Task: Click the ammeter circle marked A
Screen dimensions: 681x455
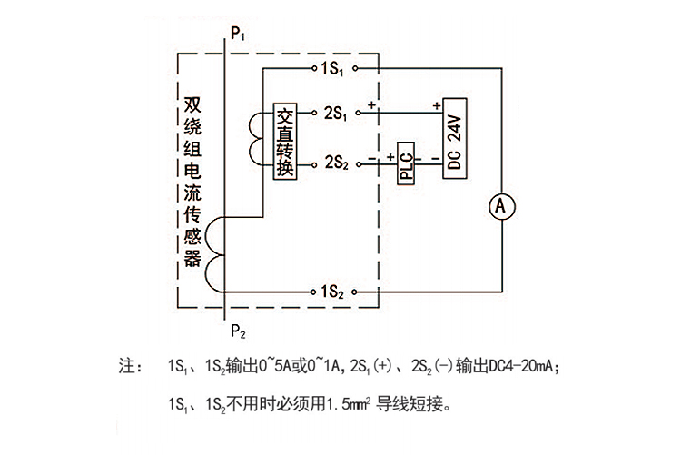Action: pos(501,206)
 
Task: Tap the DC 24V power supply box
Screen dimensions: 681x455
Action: pos(455,139)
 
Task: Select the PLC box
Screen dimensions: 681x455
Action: pos(406,163)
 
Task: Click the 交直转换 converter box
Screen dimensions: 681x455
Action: pos(285,142)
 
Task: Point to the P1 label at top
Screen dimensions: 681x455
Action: pos(238,34)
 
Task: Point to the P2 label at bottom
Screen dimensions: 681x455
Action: pos(238,331)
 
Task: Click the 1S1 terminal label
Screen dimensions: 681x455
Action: pos(332,69)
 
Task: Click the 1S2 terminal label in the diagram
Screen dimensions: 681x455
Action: pos(332,292)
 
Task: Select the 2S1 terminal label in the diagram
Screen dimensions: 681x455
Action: pos(336,113)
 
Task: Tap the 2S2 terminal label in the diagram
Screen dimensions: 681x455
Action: pos(337,163)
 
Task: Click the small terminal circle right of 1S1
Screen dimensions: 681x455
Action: pos(355,68)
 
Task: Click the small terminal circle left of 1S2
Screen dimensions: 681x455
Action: pos(313,292)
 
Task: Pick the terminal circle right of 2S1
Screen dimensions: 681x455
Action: pos(358,113)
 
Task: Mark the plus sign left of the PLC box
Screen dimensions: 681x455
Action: pos(390,156)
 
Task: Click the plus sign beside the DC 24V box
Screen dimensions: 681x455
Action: pos(437,105)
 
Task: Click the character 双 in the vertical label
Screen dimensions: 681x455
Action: pos(192,104)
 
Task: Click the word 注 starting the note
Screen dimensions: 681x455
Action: pos(127,366)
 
